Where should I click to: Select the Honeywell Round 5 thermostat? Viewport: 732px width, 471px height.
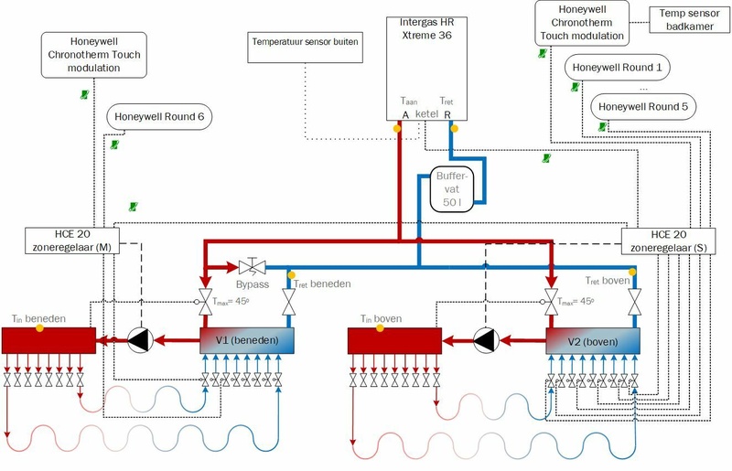pyautogui.click(x=643, y=106)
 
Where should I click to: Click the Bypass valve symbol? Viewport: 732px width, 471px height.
pyautogui.click(x=251, y=267)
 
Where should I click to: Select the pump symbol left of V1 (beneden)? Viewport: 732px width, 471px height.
pyautogui.click(x=139, y=340)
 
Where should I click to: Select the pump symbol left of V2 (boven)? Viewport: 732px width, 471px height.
pyautogui.click(x=487, y=340)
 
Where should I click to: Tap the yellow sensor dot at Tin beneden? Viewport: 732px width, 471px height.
pyautogui.click(x=40, y=327)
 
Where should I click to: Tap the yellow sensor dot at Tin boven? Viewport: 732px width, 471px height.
pyautogui.click(x=389, y=327)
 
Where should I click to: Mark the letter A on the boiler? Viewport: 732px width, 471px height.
pyautogui.click(x=405, y=114)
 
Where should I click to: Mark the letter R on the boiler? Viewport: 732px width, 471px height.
pyautogui.click(x=447, y=114)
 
